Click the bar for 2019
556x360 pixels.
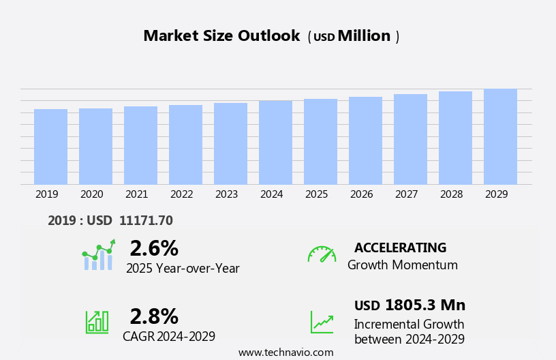(x=50, y=147)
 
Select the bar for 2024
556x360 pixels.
(x=275, y=142)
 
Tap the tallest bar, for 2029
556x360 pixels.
(x=500, y=136)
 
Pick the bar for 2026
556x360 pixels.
(x=365, y=140)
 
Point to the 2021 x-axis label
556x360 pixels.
(x=136, y=194)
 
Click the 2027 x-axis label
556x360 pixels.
(x=406, y=194)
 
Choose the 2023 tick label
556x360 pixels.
(x=226, y=194)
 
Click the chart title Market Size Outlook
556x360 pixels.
(x=221, y=36)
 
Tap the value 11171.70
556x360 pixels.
(x=146, y=220)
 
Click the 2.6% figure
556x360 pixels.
(x=154, y=248)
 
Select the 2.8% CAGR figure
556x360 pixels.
(x=154, y=316)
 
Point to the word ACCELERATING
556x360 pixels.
(x=400, y=248)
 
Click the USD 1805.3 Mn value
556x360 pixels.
(x=410, y=305)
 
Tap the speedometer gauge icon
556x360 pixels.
(x=322, y=254)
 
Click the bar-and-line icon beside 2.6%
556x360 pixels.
(x=98, y=255)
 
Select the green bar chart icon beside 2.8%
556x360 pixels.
(x=97, y=321)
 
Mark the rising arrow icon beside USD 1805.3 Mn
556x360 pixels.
(x=322, y=322)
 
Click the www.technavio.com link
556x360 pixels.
(x=285, y=352)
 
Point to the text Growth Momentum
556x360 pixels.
(x=402, y=265)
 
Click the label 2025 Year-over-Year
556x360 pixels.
(x=183, y=269)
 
